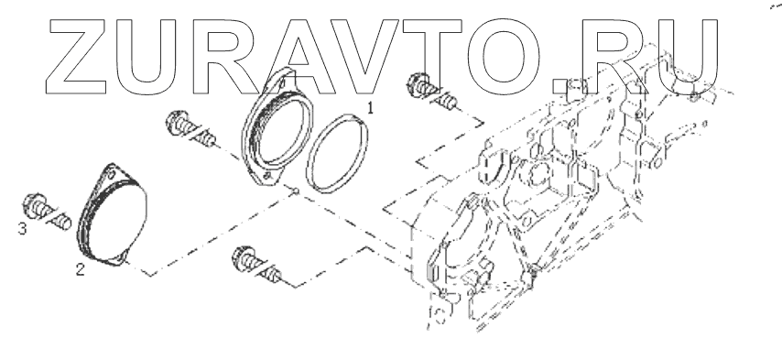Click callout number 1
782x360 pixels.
[x=370, y=108]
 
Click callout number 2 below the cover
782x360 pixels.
[x=80, y=269]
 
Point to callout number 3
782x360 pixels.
[x=22, y=229]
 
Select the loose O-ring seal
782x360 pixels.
[x=337, y=154]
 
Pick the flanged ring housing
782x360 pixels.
[x=277, y=128]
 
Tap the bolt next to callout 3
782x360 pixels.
[x=47, y=212]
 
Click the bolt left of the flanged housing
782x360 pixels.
[x=190, y=130]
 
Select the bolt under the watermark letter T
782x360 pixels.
[x=432, y=93]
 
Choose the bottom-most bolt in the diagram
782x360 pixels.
[x=256, y=266]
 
